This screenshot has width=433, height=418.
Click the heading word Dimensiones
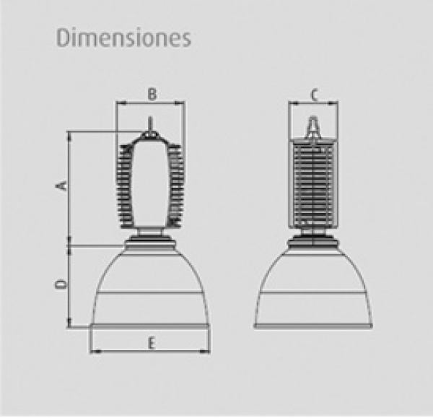click(123, 38)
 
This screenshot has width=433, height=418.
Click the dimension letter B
click(152, 94)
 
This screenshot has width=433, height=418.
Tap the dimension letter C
click(314, 95)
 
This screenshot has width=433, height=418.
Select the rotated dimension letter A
click(64, 186)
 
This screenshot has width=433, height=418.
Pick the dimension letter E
click(151, 344)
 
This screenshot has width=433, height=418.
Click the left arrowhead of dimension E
click(95, 352)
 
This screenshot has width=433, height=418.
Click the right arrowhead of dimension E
click(205, 352)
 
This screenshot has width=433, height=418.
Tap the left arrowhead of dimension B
click(121, 103)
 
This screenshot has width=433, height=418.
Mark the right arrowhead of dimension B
click(179, 103)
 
